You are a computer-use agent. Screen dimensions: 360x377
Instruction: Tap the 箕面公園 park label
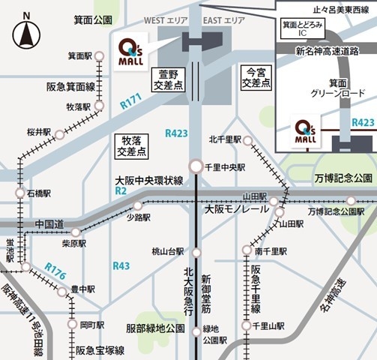pos(92,19)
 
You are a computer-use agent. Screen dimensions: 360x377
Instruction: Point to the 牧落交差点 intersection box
pos(132,145)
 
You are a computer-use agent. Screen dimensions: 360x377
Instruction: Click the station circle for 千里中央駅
pos(196,166)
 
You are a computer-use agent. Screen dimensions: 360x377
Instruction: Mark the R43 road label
pos(121,265)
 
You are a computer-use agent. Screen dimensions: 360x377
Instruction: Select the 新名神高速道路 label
pos(327,51)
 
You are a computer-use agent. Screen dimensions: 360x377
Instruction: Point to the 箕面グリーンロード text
pos(327,89)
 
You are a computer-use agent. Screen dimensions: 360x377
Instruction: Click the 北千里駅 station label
pos(225,139)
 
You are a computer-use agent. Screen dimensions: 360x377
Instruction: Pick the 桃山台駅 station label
pos(168,251)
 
